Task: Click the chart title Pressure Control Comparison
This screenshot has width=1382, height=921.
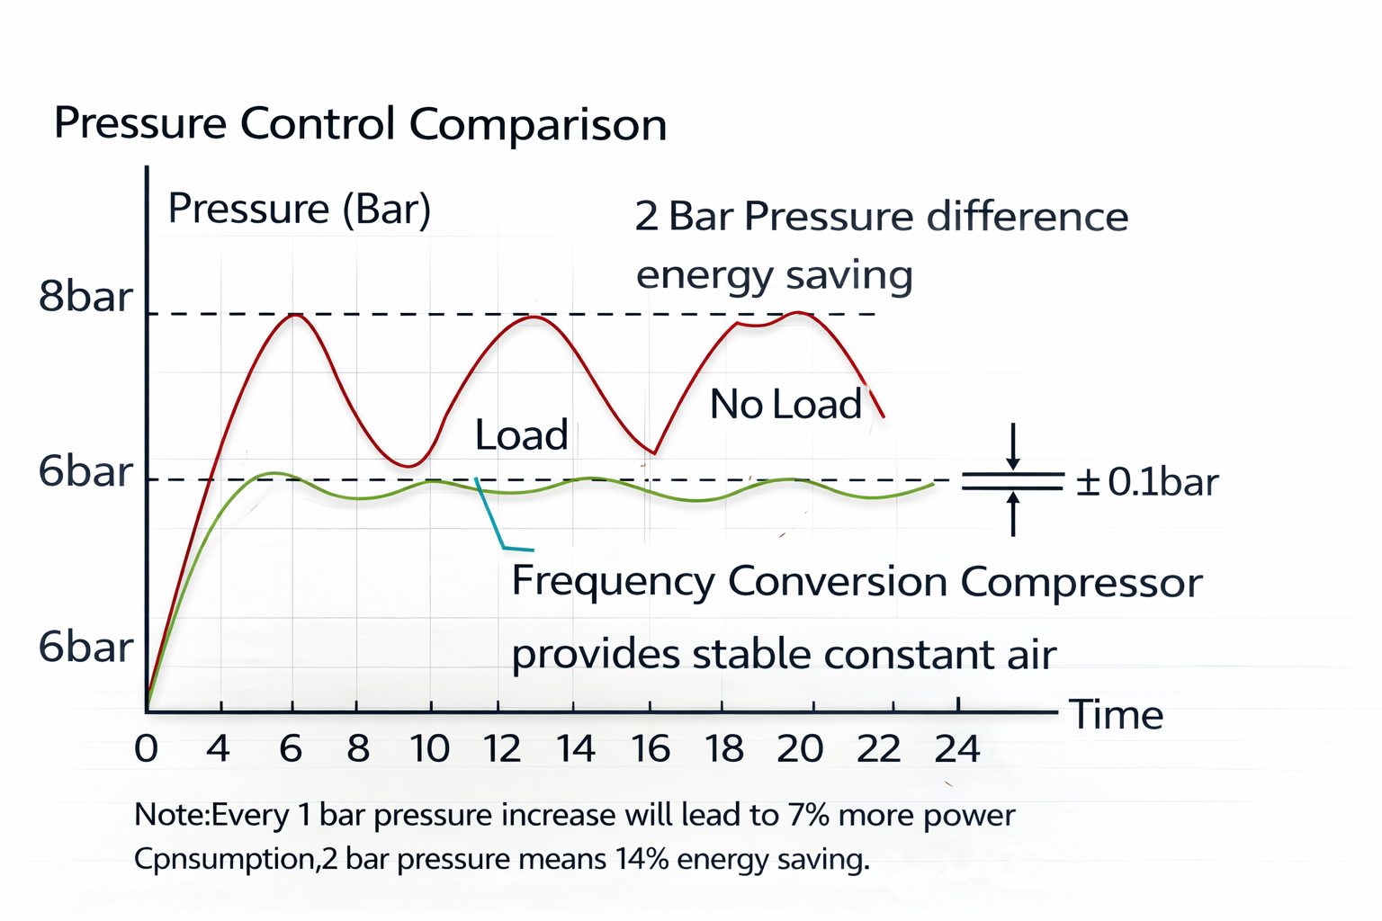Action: coord(360,123)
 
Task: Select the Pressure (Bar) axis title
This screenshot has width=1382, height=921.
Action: coord(300,209)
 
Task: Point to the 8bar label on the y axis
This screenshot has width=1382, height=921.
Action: coord(85,297)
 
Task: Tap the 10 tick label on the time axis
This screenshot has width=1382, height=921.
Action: coord(430,747)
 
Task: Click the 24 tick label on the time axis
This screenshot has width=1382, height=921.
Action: coord(956,747)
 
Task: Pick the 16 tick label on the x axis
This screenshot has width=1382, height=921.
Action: coord(650,747)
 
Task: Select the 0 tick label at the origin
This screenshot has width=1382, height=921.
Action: coord(146,747)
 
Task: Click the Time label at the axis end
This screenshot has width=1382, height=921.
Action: coord(1116,715)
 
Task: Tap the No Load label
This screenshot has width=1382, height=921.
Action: coord(785,405)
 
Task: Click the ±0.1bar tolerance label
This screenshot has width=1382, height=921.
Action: coord(1147,483)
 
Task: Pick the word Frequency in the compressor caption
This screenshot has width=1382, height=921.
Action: coord(613,582)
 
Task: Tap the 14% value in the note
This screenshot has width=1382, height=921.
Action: coord(642,859)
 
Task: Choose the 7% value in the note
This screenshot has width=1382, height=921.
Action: coord(810,815)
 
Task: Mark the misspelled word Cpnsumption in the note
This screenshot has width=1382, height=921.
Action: coord(224,859)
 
